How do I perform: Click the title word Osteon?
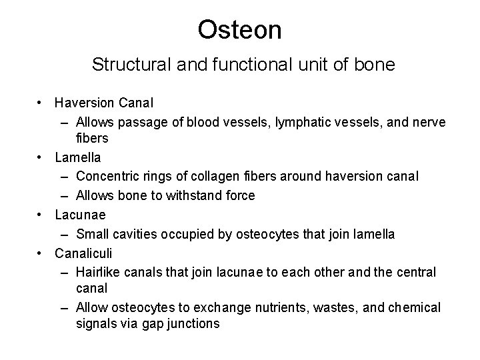coord(240,29)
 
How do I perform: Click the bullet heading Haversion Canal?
coord(104,103)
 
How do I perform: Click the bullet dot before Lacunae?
coord(41,215)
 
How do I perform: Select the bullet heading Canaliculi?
coord(83,253)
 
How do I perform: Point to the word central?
coord(417,272)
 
